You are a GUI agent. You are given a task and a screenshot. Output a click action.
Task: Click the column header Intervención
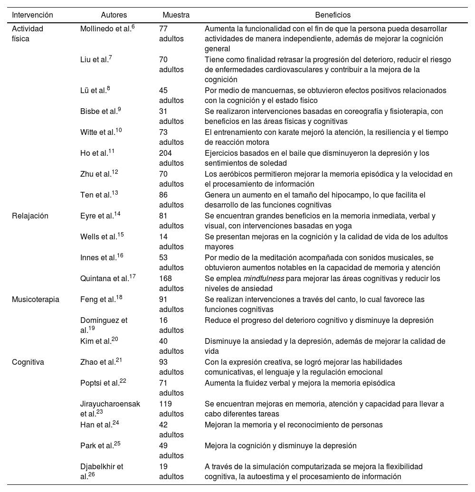pos(32,15)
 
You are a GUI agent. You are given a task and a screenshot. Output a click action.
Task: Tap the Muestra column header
pos(176,15)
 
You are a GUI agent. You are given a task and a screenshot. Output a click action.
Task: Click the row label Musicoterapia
pos(36,299)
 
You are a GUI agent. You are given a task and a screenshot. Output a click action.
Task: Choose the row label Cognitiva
pos(28,362)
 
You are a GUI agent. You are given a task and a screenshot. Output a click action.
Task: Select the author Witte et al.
pos(100,132)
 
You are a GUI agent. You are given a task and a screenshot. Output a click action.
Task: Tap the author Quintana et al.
pos(107,278)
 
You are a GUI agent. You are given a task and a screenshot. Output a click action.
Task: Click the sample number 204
pos(165,153)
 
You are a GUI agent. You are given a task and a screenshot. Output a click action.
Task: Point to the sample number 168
pos(165,278)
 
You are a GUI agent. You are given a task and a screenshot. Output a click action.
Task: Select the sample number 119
pos(165,404)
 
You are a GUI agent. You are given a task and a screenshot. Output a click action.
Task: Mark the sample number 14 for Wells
pos(163,237)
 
